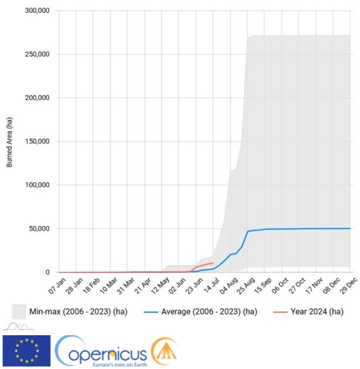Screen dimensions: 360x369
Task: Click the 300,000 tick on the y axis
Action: (37, 10)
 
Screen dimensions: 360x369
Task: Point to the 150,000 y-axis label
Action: (37, 141)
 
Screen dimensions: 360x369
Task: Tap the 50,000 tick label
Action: (39, 229)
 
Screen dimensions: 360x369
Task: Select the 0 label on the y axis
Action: (47, 272)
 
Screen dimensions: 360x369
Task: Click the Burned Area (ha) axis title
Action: (9, 143)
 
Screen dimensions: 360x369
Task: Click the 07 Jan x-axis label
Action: (57, 286)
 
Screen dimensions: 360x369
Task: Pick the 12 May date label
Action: (160, 286)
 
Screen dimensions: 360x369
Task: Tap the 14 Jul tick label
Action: (211, 286)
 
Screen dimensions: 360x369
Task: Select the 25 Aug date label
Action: (246, 286)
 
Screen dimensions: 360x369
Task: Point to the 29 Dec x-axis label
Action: (349, 286)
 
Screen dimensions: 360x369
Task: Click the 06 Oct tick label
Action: (280, 286)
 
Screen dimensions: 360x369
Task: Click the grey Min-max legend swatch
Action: (19, 312)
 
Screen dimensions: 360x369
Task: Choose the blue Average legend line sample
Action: (151, 312)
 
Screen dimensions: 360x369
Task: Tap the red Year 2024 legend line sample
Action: (281, 312)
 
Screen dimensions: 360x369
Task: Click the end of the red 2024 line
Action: (213, 263)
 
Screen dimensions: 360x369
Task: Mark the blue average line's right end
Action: (350, 229)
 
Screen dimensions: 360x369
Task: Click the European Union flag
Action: (26, 351)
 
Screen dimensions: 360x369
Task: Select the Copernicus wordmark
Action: (102, 351)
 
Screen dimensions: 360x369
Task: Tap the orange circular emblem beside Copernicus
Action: (164, 351)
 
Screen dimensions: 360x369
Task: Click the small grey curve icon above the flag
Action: (18, 327)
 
